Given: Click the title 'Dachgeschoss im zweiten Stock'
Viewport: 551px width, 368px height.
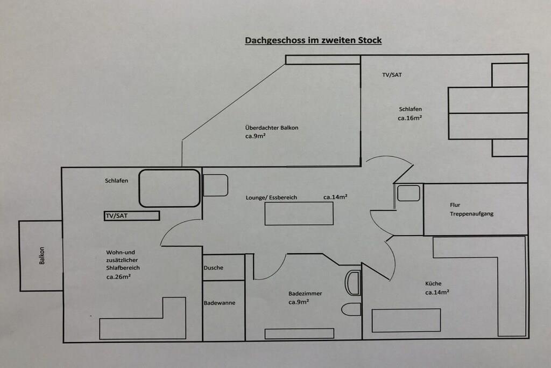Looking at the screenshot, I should click(x=313, y=40).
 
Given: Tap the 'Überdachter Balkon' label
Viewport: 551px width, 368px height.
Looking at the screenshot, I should click(x=271, y=128).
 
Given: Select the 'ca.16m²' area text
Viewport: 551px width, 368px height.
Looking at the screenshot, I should click(x=409, y=117).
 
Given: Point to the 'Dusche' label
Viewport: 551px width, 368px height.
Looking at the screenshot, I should click(x=213, y=268).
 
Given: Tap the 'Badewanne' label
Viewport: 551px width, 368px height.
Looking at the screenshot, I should click(x=219, y=303).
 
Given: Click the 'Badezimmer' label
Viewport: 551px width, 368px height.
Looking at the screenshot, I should click(x=305, y=293).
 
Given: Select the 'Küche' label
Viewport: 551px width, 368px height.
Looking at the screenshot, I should click(x=433, y=283).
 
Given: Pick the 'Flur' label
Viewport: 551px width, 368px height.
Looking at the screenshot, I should click(x=455, y=205).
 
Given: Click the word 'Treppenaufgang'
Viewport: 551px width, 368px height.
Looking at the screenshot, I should click(x=471, y=214).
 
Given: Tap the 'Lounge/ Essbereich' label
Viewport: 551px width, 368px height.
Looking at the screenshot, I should click(x=271, y=198).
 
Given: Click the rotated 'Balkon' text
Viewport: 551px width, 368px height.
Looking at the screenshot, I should click(x=41, y=256).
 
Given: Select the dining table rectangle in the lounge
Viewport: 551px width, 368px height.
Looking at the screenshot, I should click(x=299, y=213).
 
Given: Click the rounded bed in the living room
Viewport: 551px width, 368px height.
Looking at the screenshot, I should click(x=169, y=188).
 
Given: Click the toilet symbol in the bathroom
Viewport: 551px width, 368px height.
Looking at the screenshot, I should click(x=351, y=309).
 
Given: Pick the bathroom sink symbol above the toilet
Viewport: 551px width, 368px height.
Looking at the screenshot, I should click(x=352, y=283).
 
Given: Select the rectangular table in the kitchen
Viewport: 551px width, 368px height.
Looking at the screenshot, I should click(x=406, y=320).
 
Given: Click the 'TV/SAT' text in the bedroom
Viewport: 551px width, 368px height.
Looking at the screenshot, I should click(x=392, y=75).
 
